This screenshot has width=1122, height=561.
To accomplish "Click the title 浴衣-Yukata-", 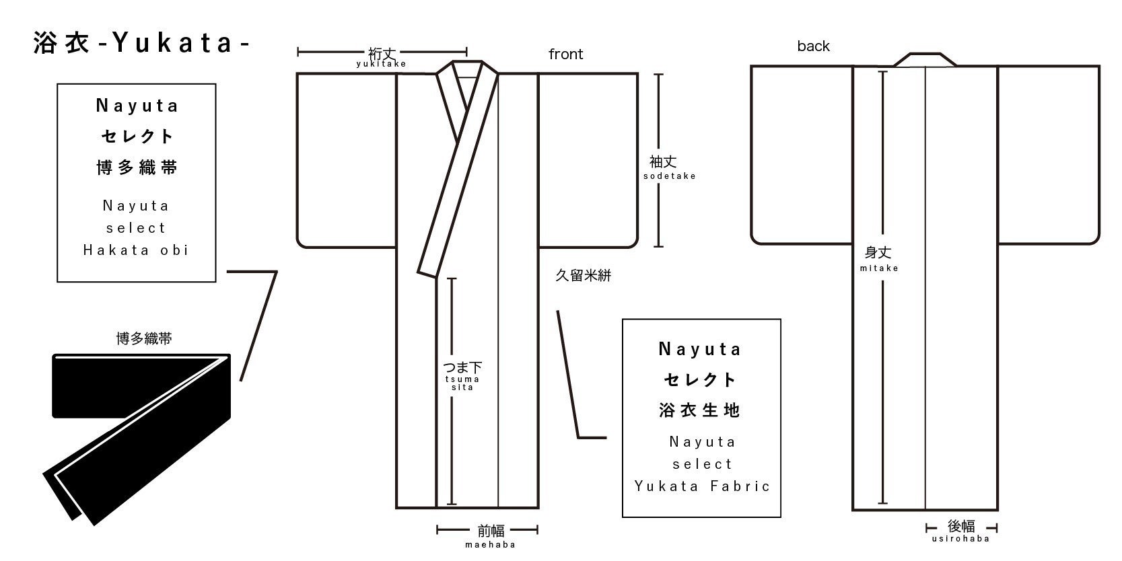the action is (x=142, y=42).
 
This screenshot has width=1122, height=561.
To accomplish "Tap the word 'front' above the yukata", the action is (x=565, y=54).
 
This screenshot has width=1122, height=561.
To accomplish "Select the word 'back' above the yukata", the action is (x=814, y=46).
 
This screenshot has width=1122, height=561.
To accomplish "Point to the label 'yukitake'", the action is (x=381, y=64).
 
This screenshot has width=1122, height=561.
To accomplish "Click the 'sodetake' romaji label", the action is (x=670, y=176).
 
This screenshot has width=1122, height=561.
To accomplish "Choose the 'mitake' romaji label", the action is (x=879, y=268).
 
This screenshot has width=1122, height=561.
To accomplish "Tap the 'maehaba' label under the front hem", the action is (x=491, y=544).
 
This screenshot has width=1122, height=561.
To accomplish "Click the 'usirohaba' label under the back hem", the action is (x=960, y=539).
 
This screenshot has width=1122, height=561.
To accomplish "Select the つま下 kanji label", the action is (x=462, y=367).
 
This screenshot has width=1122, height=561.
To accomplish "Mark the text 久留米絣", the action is (x=583, y=275).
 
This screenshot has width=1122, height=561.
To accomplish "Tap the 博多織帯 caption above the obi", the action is (x=144, y=339).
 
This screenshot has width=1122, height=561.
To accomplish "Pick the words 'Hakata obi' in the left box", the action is (x=136, y=250).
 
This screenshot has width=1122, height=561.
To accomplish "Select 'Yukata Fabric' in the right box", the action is (x=702, y=486).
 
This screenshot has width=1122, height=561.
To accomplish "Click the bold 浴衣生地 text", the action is (x=700, y=410).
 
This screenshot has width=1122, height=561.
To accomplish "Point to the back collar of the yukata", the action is (x=925, y=60).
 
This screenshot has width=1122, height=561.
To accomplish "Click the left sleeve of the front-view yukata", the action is (x=347, y=161).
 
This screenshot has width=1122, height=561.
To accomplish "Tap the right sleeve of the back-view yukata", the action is (x=1049, y=155).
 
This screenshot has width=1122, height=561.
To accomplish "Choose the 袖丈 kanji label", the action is (x=663, y=161).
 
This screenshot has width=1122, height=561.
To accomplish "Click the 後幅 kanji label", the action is (x=961, y=527).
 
